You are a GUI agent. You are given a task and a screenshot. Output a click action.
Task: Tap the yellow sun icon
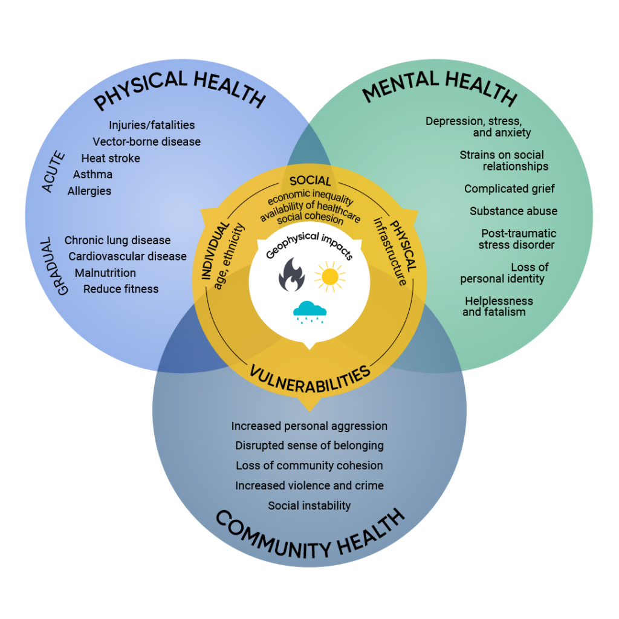330,277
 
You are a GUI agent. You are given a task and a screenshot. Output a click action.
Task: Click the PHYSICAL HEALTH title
180,89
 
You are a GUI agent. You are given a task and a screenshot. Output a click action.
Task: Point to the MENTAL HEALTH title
439,88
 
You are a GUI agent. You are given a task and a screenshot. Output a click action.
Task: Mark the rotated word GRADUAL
62,267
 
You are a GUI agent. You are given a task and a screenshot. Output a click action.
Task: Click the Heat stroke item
111,158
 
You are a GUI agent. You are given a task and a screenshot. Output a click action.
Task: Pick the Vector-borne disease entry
146,142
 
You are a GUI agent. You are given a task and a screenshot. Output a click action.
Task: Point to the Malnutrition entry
105,273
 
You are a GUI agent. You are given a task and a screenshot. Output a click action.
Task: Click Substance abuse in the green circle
513,211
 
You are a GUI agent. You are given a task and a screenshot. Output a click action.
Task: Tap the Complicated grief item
509,189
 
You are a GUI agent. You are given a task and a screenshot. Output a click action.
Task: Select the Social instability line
309,505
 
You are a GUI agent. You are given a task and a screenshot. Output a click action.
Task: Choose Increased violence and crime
309,485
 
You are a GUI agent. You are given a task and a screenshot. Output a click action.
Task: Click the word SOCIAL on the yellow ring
310,181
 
